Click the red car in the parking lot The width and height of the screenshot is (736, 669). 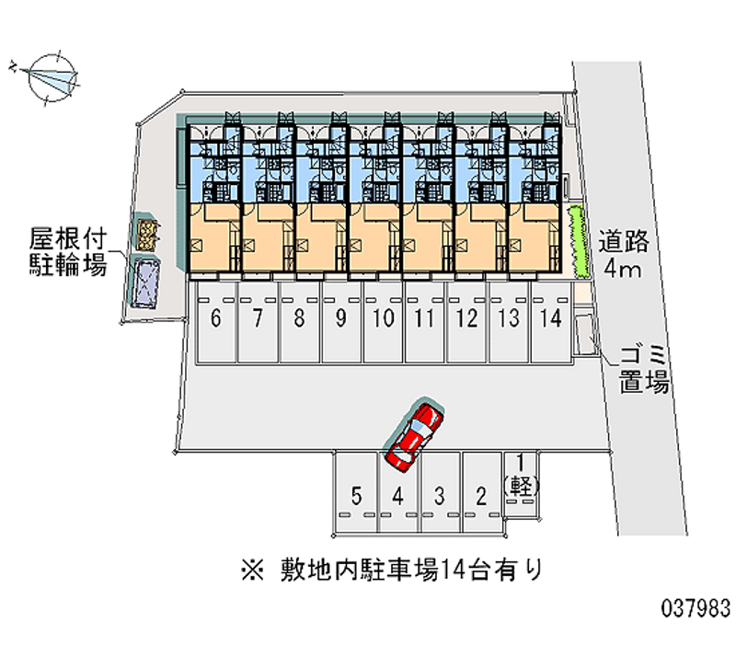pos(414,433)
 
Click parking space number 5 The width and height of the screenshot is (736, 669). pos(356,496)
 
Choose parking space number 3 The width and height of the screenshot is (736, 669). pos(440,496)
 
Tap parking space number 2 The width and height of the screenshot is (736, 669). pos(481,496)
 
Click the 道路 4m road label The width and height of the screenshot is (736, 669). pos(626,257)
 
